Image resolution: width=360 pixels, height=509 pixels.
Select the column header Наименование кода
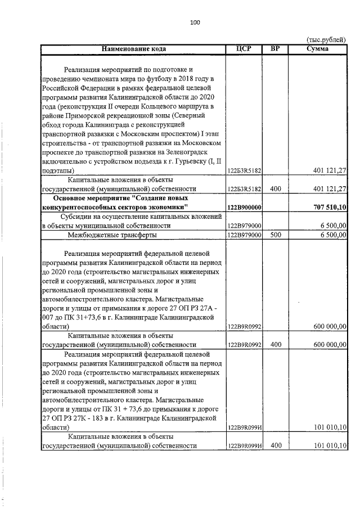pyautogui.click(x=133, y=49)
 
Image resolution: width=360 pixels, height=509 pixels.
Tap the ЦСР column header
pyautogui.click(x=244, y=49)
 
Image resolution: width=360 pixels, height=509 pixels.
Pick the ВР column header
pyautogui.click(x=275, y=49)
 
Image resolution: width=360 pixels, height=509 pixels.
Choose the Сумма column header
pyautogui.click(x=318, y=49)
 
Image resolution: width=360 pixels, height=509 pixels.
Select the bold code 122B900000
pyautogui.click(x=243, y=208)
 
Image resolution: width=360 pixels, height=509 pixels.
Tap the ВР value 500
pyautogui.click(x=275, y=235)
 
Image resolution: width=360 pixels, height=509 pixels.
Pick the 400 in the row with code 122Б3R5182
pyautogui.click(x=275, y=190)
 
